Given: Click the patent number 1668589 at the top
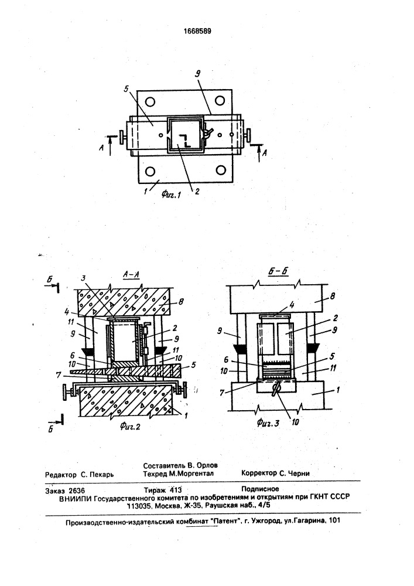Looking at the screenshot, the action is [197, 31].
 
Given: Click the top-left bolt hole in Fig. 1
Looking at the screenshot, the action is [150, 101].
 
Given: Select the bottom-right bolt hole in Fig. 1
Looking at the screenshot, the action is [221, 171].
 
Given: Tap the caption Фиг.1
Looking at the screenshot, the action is [171, 193].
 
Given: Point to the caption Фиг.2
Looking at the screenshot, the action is [130, 425].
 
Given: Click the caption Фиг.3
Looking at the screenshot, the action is [268, 423].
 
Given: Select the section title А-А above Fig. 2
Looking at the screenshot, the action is [131, 275].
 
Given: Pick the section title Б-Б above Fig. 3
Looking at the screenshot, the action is [278, 272].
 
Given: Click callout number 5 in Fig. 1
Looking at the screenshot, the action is [126, 89].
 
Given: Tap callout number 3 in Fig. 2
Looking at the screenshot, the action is [84, 278].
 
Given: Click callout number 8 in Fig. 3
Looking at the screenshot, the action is [332, 297].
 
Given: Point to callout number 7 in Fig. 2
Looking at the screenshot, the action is [58, 374].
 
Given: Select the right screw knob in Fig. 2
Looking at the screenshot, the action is [183, 389].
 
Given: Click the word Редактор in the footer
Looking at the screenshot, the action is [61, 475].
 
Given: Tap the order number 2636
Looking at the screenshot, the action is [77, 490].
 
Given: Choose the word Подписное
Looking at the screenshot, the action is [260, 489].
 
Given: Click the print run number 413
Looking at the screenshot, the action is [176, 490].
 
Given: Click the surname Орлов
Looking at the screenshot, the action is [207, 466].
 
